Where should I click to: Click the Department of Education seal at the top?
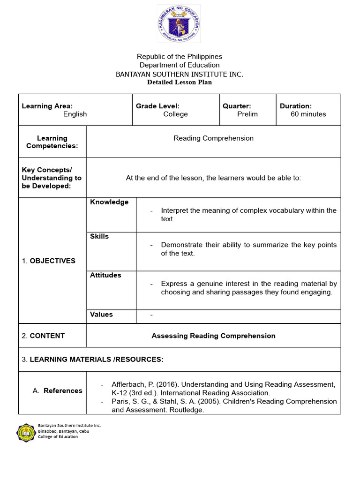[x=179, y=23]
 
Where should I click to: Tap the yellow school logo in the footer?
[x=26, y=432]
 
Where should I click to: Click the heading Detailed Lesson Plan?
[x=180, y=82]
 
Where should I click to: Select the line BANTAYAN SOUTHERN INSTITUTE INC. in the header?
[x=180, y=74]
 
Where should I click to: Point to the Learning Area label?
[x=47, y=106]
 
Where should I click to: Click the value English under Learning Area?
[x=75, y=114]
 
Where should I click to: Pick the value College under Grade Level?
[x=176, y=114]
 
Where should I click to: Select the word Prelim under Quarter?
[x=247, y=114]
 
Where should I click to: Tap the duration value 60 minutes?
[x=308, y=114]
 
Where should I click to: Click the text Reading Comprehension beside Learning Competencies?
[x=214, y=138]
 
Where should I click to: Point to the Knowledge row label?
[x=109, y=202]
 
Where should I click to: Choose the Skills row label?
[x=99, y=236]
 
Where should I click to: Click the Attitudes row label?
[x=105, y=275]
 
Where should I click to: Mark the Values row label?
[x=101, y=314]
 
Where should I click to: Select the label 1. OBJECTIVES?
[x=49, y=261]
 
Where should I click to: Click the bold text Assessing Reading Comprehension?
[x=214, y=336]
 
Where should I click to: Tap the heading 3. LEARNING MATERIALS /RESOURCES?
[x=93, y=359]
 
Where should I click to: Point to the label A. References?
[x=58, y=390]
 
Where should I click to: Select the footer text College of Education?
[x=58, y=436]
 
